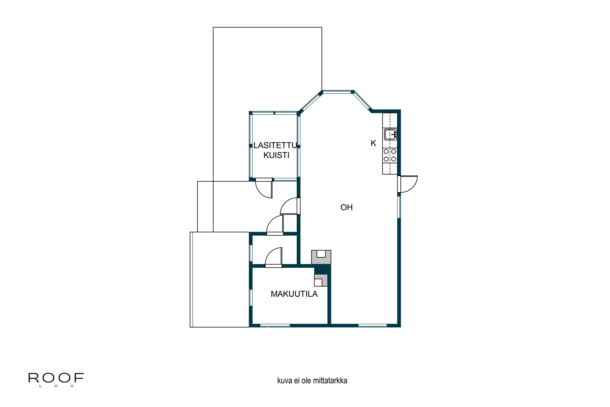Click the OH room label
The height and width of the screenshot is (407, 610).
(346, 207)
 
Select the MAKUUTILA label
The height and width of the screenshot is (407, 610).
(294, 294)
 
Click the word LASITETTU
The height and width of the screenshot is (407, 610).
(275, 145)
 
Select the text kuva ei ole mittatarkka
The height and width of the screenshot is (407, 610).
(312, 381)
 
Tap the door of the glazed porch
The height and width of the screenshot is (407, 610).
(264, 188)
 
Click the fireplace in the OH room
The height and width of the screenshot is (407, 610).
(321, 257)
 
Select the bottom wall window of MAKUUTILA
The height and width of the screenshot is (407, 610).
(275, 325)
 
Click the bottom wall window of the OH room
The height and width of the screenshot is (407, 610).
(373, 325)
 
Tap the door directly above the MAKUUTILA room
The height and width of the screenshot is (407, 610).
(273, 257)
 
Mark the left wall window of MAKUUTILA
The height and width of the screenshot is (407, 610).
(251, 298)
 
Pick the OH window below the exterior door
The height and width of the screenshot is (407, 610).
(399, 207)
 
